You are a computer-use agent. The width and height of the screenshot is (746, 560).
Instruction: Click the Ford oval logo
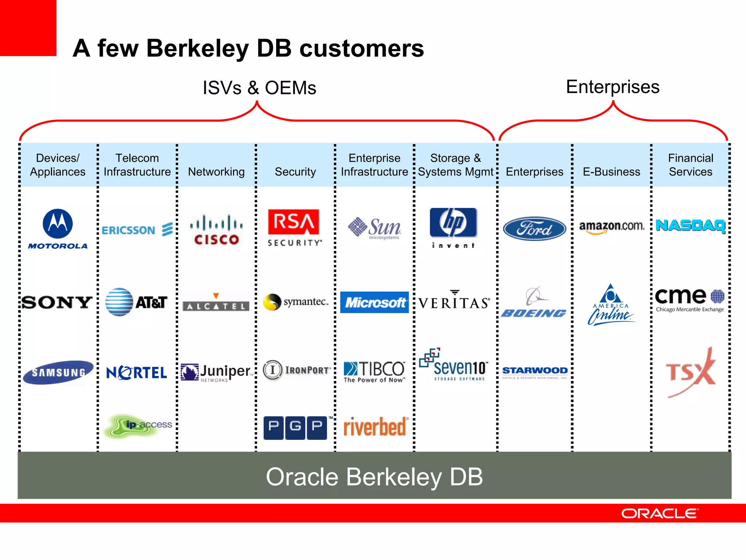(534, 229)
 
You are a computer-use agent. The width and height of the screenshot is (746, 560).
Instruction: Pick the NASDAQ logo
(691, 226)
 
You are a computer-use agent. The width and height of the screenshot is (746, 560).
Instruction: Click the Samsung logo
(58, 372)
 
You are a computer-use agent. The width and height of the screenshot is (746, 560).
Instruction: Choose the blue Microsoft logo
(374, 302)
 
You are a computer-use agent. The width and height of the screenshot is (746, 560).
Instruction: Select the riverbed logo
(375, 427)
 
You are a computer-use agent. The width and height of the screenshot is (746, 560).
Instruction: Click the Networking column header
(216, 172)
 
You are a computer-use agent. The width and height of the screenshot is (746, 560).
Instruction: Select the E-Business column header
(612, 172)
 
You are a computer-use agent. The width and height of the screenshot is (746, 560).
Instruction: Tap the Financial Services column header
(691, 165)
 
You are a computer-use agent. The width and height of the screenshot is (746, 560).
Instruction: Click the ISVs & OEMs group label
(259, 88)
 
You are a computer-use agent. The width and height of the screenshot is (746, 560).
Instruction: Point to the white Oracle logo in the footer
(660, 513)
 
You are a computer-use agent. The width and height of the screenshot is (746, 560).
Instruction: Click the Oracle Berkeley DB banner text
(374, 477)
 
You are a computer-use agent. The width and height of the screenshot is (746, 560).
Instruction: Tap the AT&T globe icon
(119, 302)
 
